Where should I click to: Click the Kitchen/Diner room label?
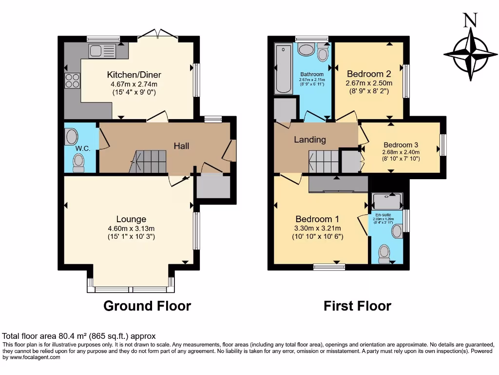coord(134,75)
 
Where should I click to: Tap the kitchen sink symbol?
coord(102,50)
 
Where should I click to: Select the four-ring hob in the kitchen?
coord(72,80)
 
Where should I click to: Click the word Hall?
coord(182,146)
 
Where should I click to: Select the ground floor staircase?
coord(149,162)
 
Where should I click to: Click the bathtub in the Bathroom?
coord(282,69)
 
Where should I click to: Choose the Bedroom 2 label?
coord(368,74)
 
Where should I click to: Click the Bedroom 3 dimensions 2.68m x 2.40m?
coord(401,152)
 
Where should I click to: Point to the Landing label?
coord(310,140)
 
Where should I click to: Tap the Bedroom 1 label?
coord(317,219)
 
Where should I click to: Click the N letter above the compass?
coord(470,20)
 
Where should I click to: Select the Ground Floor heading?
coord(147,306)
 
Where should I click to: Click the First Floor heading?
coord(357,306)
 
